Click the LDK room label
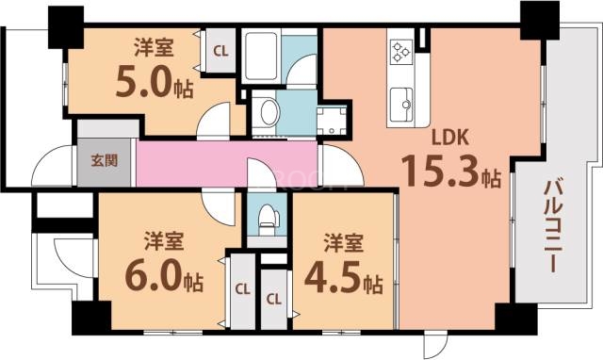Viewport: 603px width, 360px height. [451, 139]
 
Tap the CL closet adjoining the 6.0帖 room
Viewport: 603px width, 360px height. [242, 288]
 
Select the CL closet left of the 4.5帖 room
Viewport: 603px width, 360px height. [274, 299]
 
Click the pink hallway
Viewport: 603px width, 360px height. [226, 161]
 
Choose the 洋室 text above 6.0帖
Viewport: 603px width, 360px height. [163, 238]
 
